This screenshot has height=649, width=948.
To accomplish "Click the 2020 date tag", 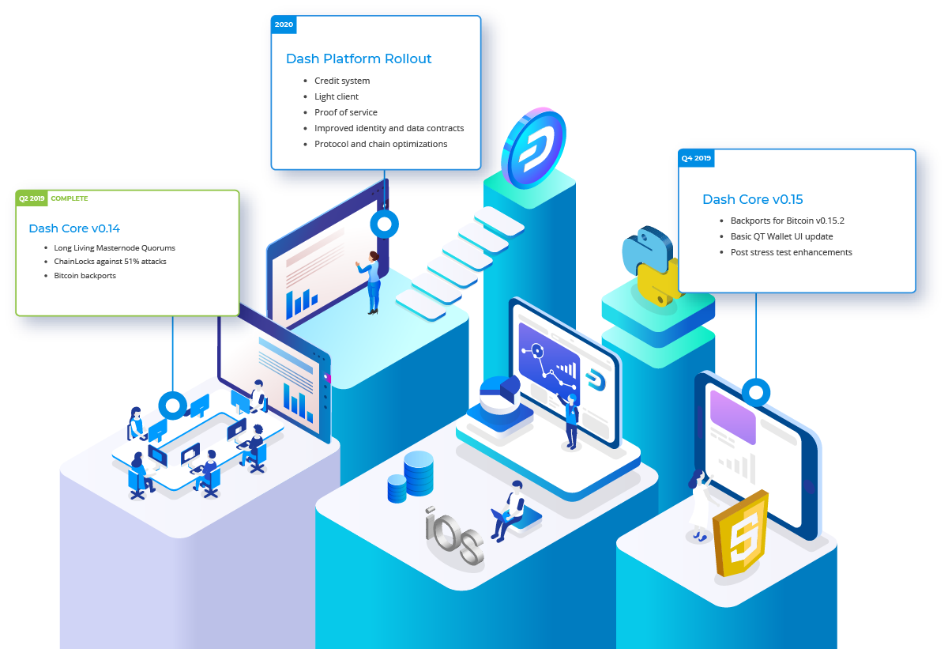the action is click(284, 25).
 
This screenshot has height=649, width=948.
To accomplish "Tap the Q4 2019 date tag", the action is click(696, 158).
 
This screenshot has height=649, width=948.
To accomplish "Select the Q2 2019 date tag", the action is click(32, 198).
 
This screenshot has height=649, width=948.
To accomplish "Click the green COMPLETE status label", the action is click(70, 198).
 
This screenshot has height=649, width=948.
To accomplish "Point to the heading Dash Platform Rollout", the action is click(359, 58).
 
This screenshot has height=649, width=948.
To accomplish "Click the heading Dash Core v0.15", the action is click(752, 199).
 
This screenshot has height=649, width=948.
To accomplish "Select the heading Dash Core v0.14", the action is click(74, 228).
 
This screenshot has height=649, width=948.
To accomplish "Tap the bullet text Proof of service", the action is click(346, 112).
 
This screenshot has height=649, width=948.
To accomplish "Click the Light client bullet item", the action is click(337, 97).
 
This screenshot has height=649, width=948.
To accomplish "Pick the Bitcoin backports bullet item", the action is click(85, 276).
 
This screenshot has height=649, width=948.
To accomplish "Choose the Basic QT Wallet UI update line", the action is click(781, 236).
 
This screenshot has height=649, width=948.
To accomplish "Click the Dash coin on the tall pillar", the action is click(534, 148).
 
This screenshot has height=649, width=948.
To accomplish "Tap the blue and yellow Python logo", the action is click(649, 266).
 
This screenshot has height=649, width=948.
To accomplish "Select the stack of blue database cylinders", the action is click(411, 477).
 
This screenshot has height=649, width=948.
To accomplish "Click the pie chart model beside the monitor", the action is click(500, 396).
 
